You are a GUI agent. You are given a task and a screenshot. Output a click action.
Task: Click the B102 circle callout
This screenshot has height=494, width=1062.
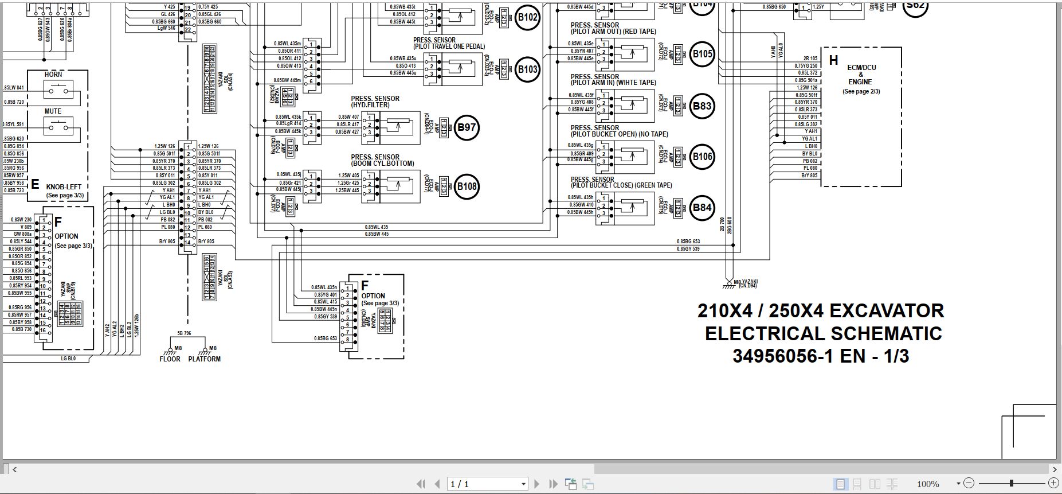coord(527,17)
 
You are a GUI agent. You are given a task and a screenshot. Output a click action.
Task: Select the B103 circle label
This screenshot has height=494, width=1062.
coord(527,70)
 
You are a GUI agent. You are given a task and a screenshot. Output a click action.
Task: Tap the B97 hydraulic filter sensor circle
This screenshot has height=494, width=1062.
coord(467,127)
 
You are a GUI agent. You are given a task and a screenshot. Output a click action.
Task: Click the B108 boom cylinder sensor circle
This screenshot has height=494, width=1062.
coord(467,186)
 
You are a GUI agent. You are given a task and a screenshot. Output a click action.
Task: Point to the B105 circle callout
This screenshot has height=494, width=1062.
coord(702,55)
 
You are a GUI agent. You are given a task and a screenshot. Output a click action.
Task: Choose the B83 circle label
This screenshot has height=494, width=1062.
coord(702,106)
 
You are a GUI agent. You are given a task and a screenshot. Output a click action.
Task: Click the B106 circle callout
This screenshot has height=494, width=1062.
coord(702,157)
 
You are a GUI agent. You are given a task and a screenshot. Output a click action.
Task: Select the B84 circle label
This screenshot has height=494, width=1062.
coord(702,208)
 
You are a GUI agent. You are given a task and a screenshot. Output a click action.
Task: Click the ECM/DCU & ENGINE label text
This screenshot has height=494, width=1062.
coord(861,75)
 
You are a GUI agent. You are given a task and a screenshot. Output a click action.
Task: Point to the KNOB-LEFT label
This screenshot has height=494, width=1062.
coord(64,187)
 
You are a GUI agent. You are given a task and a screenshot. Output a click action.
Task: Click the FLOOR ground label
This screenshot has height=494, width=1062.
coord(170,359)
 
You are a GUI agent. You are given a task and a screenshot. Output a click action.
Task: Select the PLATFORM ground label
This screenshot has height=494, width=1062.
coord(204,359)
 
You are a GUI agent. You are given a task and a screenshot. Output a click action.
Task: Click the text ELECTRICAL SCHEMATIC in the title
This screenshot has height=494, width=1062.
coord(823,334)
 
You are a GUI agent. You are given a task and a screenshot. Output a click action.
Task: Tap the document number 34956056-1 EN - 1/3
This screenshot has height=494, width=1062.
coord(820,356)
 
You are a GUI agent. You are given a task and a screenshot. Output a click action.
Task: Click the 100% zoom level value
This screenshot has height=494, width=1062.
coord(927,484)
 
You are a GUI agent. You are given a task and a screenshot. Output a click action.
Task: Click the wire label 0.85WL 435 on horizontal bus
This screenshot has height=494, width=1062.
coord(376,227)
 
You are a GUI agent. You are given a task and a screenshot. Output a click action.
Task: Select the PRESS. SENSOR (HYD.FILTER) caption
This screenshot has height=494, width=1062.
coord(375,102)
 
